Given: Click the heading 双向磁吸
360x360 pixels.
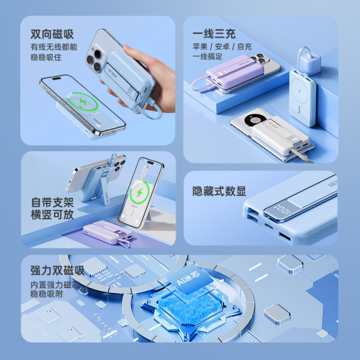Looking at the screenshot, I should click(53, 35).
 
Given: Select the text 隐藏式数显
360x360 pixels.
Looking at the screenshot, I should click(220, 192).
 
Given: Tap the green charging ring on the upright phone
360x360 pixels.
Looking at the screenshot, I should click(140, 194).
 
